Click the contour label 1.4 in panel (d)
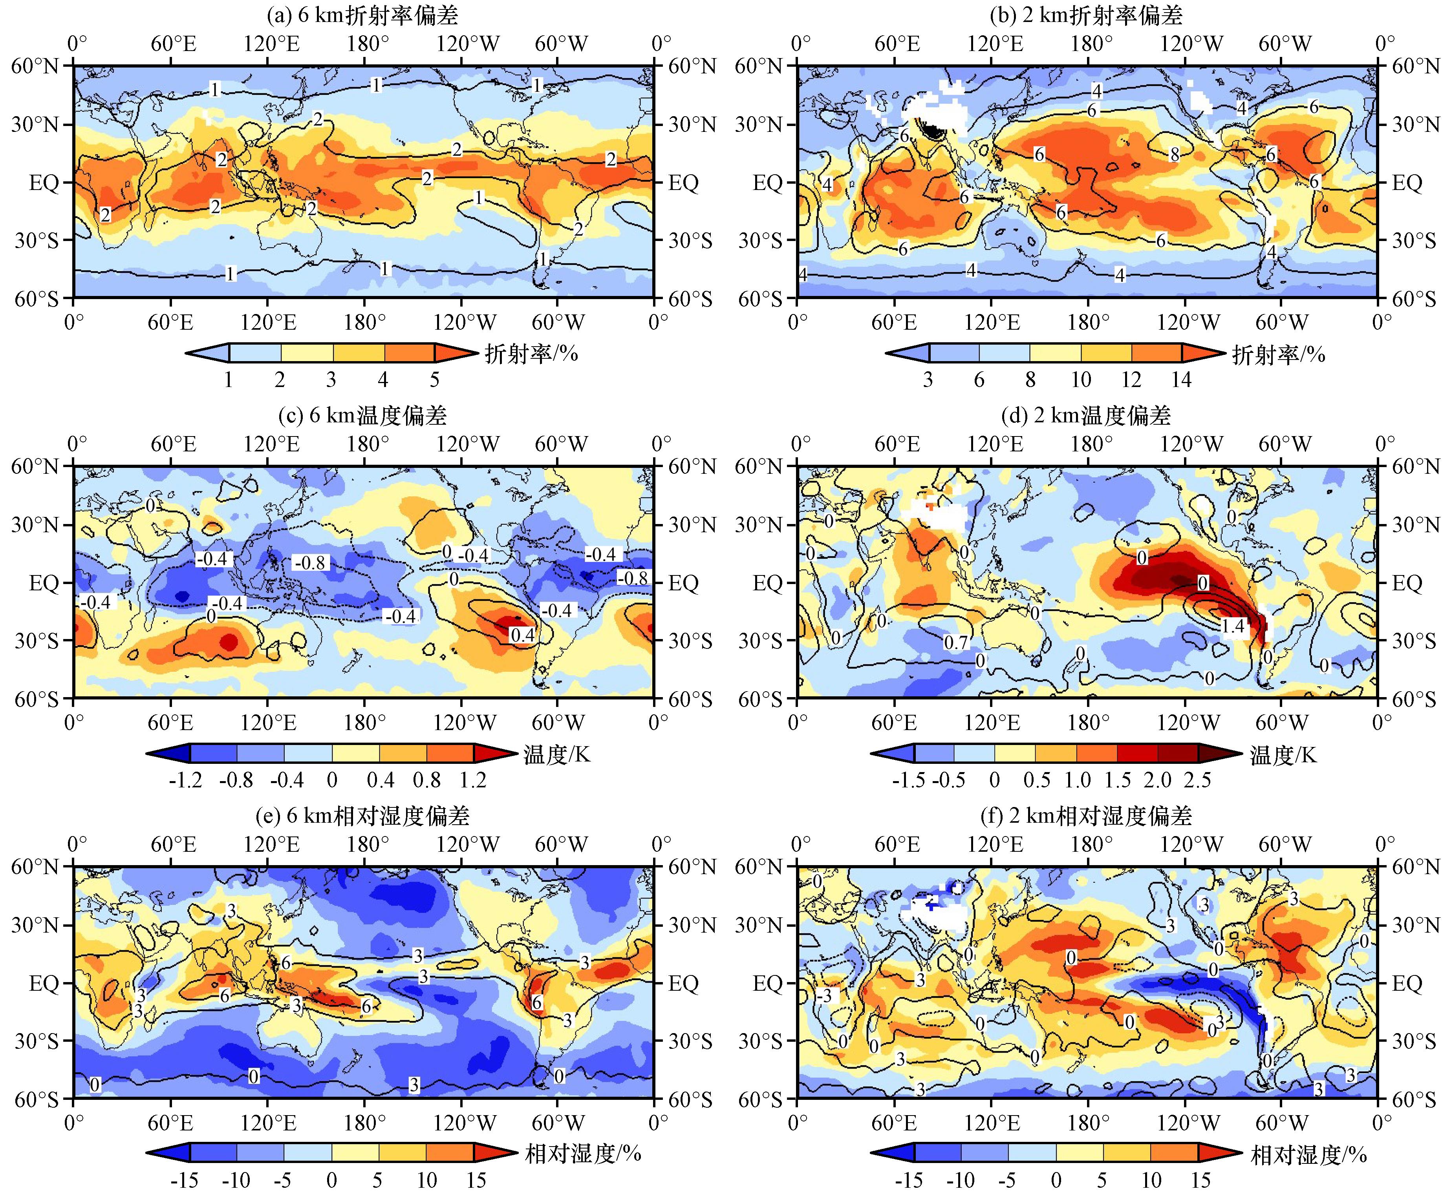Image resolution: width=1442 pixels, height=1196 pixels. [1233, 626]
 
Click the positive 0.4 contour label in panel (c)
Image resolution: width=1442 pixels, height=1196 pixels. [522, 635]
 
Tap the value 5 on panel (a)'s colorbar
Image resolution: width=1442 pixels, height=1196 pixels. [434, 380]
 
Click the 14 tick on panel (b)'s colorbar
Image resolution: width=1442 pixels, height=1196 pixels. [1181, 380]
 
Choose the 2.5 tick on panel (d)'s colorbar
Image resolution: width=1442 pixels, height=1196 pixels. [1197, 780]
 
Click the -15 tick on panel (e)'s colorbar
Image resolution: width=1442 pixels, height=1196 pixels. [184, 1180]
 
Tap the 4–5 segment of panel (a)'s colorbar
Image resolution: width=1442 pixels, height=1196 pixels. [409, 353]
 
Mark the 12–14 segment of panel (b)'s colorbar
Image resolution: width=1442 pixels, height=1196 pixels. [1157, 353]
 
